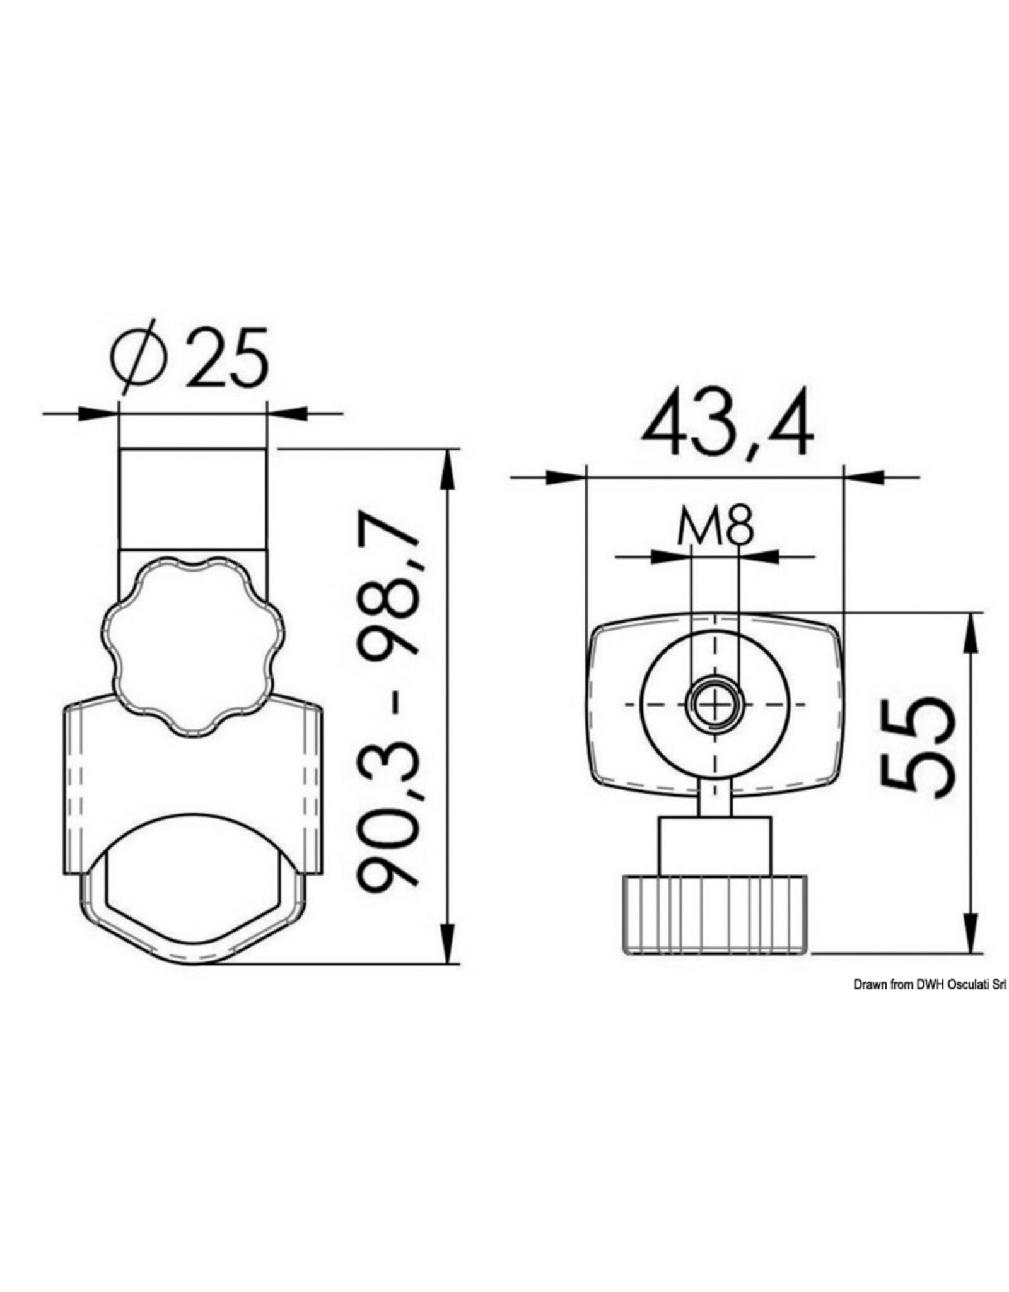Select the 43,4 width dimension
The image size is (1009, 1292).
tap(727, 427)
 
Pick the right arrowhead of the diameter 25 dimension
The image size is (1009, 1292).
tap(287, 414)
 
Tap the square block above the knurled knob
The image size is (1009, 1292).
tap(714, 845)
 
